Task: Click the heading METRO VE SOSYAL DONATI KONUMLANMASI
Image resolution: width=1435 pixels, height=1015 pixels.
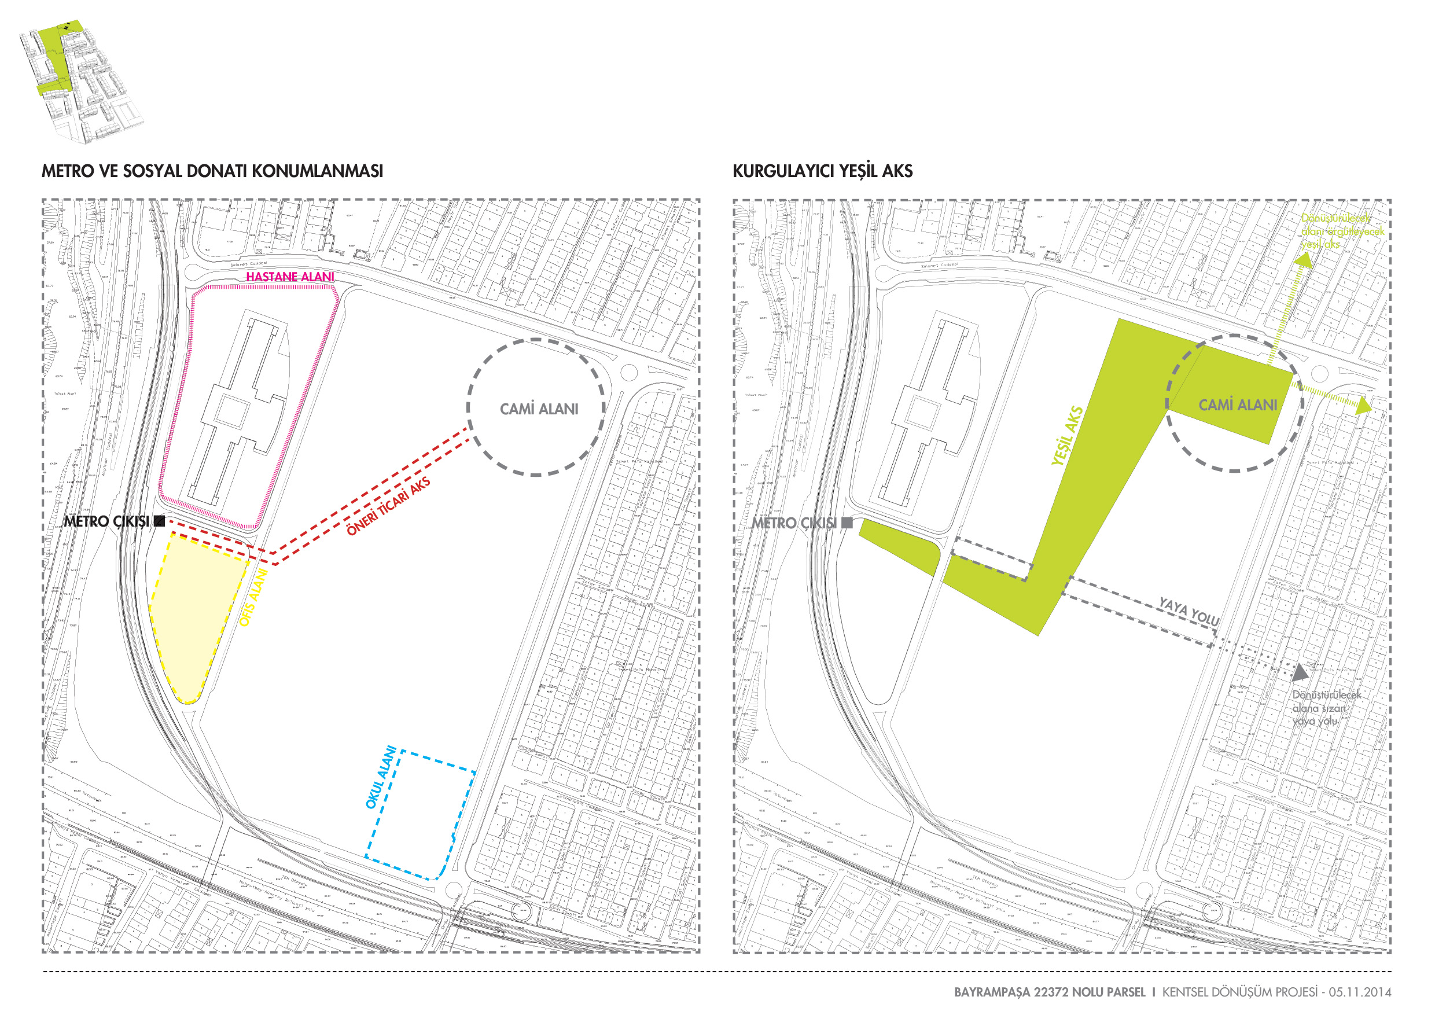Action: pyautogui.click(x=212, y=171)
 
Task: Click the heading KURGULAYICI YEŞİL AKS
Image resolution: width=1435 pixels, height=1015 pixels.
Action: pyautogui.click(x=822, y=171)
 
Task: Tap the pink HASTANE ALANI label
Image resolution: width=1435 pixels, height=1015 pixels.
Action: pyautogui.click(x=290, y=277)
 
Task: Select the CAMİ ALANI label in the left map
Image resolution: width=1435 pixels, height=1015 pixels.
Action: pyautogui.click(x=539, y=409)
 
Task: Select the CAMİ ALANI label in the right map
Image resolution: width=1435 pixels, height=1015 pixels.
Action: pyautogui.click(x=1238, y=405)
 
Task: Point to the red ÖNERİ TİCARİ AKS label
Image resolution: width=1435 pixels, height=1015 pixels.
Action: pyautogui.click(x=388, y=507)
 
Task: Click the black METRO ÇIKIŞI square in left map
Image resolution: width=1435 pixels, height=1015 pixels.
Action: pyautogui.click(x=159, y=521)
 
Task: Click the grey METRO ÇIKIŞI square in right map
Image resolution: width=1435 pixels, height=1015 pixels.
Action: pyautogui.click(x=847, y=523)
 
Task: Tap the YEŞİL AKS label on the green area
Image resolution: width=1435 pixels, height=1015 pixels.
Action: pyautogui.click(x=1067, y=436)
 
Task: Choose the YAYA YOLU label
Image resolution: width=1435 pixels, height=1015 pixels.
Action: pyautogui.click(x=1189, y=612)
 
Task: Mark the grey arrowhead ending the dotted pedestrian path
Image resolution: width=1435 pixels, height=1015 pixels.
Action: pyautogui.click(x=1300, y=672)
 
